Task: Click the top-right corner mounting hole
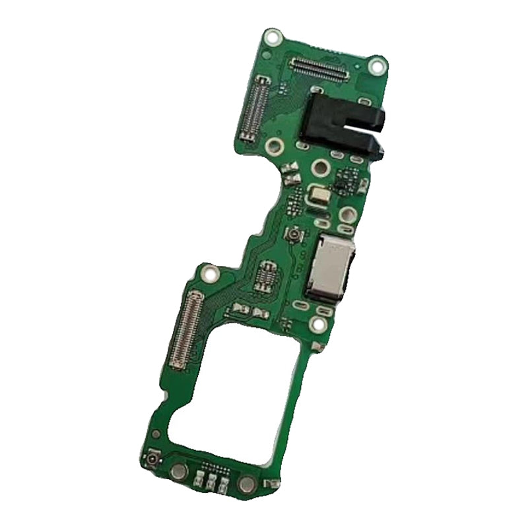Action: (x=378, y=65)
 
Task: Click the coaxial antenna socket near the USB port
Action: (x=291, y=236)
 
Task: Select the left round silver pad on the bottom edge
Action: (x=178, y=472)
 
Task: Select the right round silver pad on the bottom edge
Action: (x=246, y=486)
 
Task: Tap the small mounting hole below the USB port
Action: (x=318, y=323)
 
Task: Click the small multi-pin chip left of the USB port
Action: (x=267, y=275)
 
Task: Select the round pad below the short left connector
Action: (x=271, y=147)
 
